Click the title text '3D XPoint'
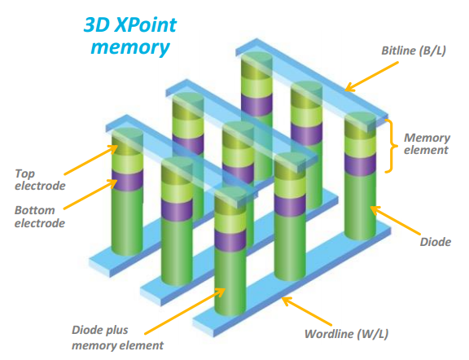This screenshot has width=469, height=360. (x=130, y=24)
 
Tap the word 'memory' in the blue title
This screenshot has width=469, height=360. (x=130, y=47)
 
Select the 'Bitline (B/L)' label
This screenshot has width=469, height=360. (x=414, y=50)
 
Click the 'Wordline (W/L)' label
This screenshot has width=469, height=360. (x=346, y=334)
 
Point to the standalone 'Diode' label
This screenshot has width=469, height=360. (x=435, y=242)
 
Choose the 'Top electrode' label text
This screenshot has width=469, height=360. (x=40, y=180)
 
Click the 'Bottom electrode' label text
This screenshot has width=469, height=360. (x=40, y=217)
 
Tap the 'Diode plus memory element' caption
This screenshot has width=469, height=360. (x=117, y=338)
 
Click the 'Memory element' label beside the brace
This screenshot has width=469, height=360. (x=427, y=144)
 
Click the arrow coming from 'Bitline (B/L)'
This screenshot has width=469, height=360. (x=371, y=77)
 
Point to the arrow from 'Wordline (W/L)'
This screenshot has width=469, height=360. (x=307, y=311)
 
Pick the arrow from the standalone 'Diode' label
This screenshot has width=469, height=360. (x=395, y=220)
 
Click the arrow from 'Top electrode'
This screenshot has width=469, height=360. (x=91, y=160)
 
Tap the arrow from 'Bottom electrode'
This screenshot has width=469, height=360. (x=90, y=194)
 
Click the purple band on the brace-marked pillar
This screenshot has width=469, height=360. (x=360, y=165)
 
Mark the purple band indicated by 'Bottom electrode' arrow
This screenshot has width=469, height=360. (x=127, y=181)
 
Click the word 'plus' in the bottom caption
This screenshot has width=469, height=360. (x=116, y=331)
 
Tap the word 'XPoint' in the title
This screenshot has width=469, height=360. (x=146, y=24)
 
